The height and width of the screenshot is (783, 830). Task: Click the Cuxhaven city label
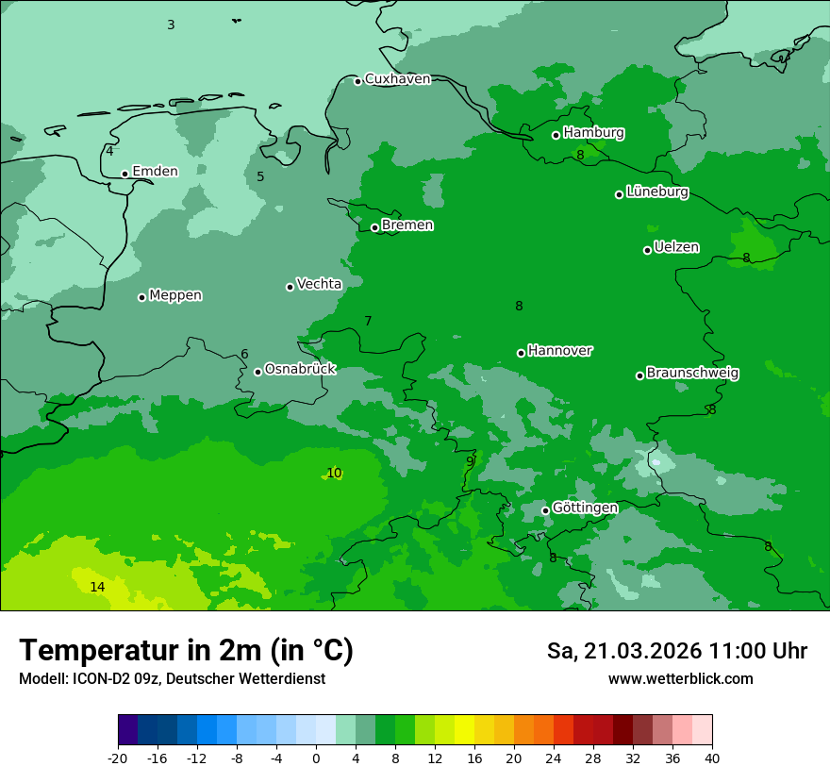point(397,79)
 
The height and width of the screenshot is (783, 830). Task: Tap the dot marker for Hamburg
point(556,135)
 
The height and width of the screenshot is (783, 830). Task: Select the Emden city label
point(155,171)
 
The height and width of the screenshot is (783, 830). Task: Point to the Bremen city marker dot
point(374,227)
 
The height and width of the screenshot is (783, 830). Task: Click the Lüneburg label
point(656,192)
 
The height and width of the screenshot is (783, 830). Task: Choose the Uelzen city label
point(676,247)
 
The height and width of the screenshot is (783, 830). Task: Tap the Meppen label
point(175,295)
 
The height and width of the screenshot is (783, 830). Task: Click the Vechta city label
point(319,284)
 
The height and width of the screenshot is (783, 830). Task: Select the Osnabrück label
point(300,369)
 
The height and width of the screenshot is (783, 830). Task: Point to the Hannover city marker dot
point(521,353)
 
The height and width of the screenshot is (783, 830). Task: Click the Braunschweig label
point(692,373)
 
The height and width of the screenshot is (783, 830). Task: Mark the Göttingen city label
point(585,508)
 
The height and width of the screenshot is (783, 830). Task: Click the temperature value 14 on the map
point(97,587)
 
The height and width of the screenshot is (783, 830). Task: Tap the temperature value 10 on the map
point(334,473)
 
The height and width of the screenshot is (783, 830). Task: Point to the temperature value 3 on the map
point(171,25)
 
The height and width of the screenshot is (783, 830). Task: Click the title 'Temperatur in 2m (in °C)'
point(186,651)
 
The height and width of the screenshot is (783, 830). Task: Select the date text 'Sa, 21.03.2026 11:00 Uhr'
point(676,651)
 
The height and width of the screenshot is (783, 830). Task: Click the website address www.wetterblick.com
point(680,679)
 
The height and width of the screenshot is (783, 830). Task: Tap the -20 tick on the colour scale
point(118,758)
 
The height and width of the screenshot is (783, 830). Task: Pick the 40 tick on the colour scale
point(712,758)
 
